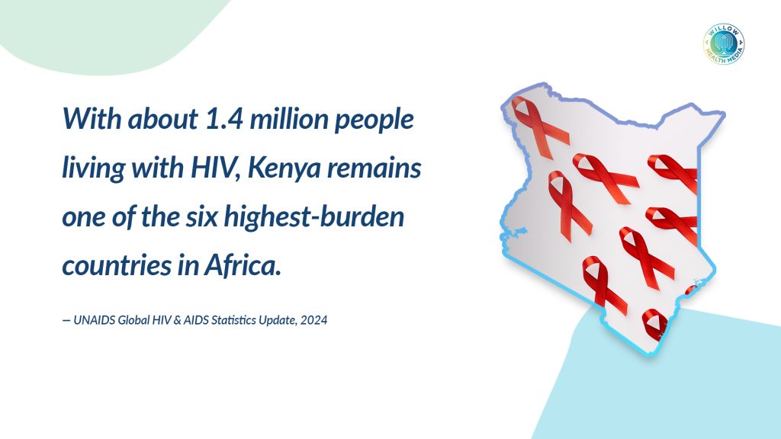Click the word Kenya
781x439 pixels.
(x=284, y=168)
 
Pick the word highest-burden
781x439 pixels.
(x=313, y=217)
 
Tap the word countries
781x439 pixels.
(x=117, y=265)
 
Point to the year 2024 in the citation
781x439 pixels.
(x=313, y=320)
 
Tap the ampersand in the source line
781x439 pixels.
(x=177, y=320)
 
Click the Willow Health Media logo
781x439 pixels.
(x=724, y=43)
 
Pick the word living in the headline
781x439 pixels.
(x=93, y=168)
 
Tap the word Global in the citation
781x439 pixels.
(x=133, y=320)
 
